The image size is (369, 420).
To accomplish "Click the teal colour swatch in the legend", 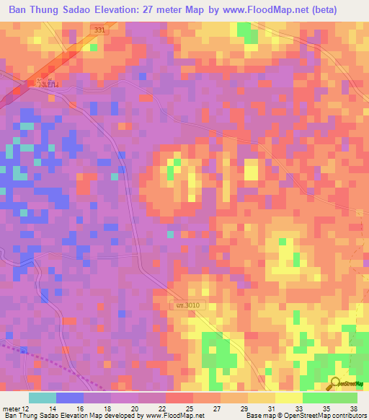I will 43,398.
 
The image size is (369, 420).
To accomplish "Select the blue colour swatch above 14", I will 70,398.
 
